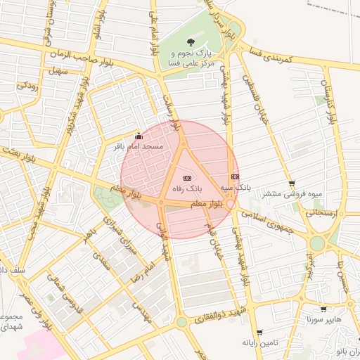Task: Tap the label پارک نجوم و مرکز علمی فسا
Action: click(x=191, y=58)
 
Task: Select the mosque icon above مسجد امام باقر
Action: click(x=138, y=136)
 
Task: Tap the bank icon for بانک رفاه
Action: click(x=187, y=179)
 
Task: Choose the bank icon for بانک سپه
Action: click(x=234, y=177)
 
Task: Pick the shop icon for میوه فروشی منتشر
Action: click(x=292, y=184)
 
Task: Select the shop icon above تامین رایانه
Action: click(x=259, y=333)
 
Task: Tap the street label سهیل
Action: click(x=57, y=71)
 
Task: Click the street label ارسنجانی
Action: click(x=323, y=212)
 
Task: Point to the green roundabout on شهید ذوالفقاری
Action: click(x=181, y=322)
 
